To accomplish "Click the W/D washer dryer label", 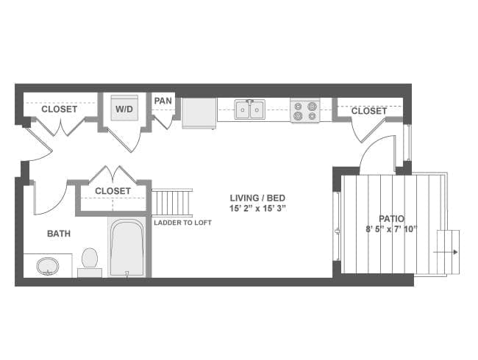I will click(123, 109).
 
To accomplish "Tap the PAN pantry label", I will click(163, 101).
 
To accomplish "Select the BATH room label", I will click(59, 234).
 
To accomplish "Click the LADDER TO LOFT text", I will click(182, 222).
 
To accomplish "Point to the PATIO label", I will click(390, 218).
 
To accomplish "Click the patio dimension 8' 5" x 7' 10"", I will click(390, 229).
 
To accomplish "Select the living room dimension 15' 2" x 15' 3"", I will click(257, 209).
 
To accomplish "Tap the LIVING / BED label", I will click(257, 198).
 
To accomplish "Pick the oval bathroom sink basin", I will click(48, 264).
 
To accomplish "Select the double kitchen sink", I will click(249, 110).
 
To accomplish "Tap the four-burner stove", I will click(304, 110).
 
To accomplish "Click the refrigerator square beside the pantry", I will click(199, 113).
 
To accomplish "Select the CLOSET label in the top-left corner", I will click(59, 109).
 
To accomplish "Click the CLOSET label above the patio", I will click(368, 111).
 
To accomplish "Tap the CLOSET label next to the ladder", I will click(113, 191).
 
